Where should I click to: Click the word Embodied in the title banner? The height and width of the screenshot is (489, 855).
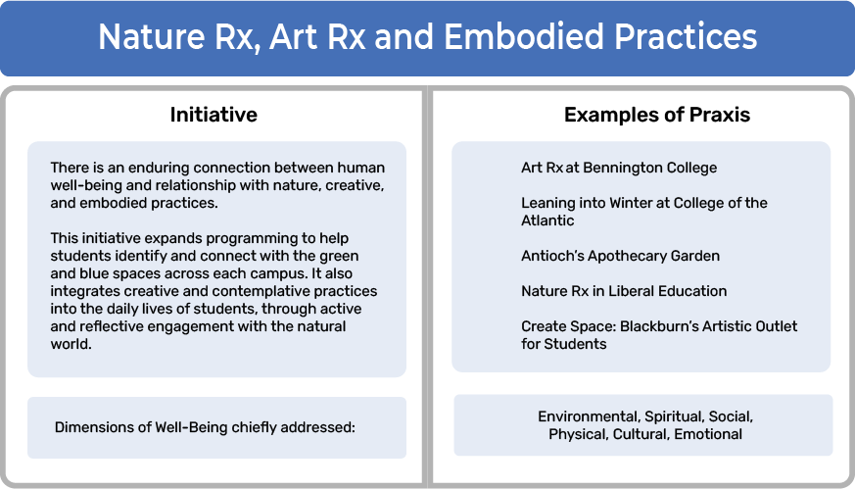point(523,36)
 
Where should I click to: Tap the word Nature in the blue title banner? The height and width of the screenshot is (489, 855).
point(151,36)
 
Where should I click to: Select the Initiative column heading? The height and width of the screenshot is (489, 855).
point(214,115)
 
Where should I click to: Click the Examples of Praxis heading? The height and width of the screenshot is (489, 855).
point(657,115)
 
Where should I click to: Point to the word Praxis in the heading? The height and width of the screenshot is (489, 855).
point(720,115)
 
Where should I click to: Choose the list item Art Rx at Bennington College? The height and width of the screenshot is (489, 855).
point(619,168)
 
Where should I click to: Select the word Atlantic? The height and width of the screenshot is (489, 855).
point(547,220)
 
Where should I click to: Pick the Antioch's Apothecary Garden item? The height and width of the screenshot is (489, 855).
point(621,256)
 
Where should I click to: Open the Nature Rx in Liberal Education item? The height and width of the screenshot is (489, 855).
point(624,291)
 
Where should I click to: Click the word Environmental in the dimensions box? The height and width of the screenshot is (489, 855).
point(589,416)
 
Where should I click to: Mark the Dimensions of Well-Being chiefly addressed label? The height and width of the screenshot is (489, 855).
point(205,427)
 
